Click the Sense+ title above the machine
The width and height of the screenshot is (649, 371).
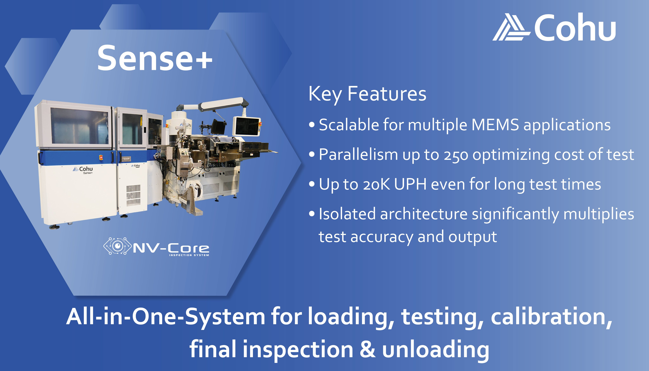click(x=155, y=58)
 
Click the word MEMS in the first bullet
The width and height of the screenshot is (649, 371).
click(x=495, y=125)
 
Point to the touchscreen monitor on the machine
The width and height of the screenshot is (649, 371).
click(x=246, y=126)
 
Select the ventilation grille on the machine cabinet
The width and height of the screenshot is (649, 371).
click(x=133, y=195)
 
